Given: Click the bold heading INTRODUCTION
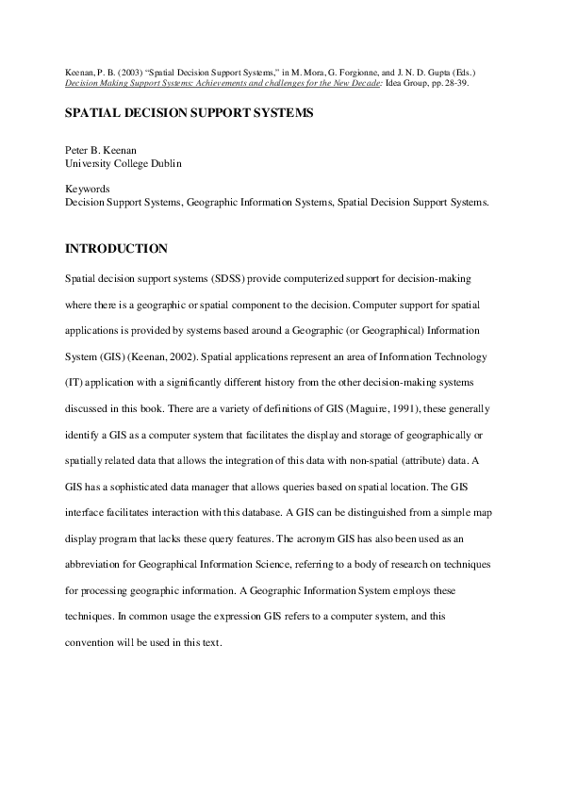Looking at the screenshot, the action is point(116,249).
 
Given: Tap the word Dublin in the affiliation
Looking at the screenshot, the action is point(162,163).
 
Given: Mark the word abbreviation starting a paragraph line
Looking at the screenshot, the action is point(94,563).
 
